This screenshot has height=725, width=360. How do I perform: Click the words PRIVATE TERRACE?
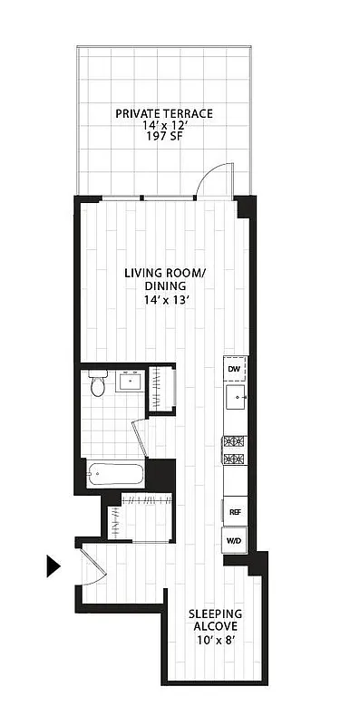coord(164,113)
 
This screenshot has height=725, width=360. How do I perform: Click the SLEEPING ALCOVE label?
coord(214,620)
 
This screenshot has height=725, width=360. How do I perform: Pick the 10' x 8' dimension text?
coord(214,640)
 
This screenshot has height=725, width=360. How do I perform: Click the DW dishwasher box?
coord(234,369)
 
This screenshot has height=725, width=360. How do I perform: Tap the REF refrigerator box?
coord(234,511)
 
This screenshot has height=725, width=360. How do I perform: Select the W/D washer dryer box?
coord(234,541)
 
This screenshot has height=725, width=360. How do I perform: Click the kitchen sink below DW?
coord(235,397)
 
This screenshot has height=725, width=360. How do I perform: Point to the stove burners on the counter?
coord(234,451)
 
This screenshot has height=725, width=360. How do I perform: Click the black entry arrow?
coord(54,566)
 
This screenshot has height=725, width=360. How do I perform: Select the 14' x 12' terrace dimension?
coord(164,126)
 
